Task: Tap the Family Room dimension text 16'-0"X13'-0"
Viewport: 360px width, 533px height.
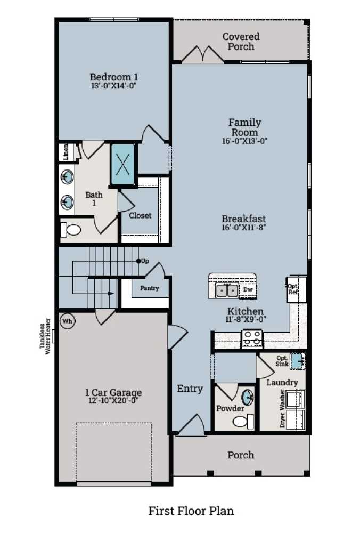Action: tap(244, 141)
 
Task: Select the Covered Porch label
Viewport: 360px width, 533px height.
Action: tap(241, 42)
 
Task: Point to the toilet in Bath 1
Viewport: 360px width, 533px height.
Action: tap(71, 230)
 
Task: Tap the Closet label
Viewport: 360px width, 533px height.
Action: tap(140, 216)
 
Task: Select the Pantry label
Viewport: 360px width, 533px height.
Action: tap(150, 288)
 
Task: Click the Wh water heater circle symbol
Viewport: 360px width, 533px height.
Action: tap(67, 321)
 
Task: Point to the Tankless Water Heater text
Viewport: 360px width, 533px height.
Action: tap(45, 337)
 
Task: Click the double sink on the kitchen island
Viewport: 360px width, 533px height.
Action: tap(227, 290)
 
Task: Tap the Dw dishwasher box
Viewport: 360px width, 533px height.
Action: tap(248, 290)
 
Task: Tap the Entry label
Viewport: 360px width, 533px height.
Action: tap(190, 389)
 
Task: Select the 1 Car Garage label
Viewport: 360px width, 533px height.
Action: tap(113, 393)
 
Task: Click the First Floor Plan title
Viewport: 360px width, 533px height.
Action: tap(191, 511)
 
